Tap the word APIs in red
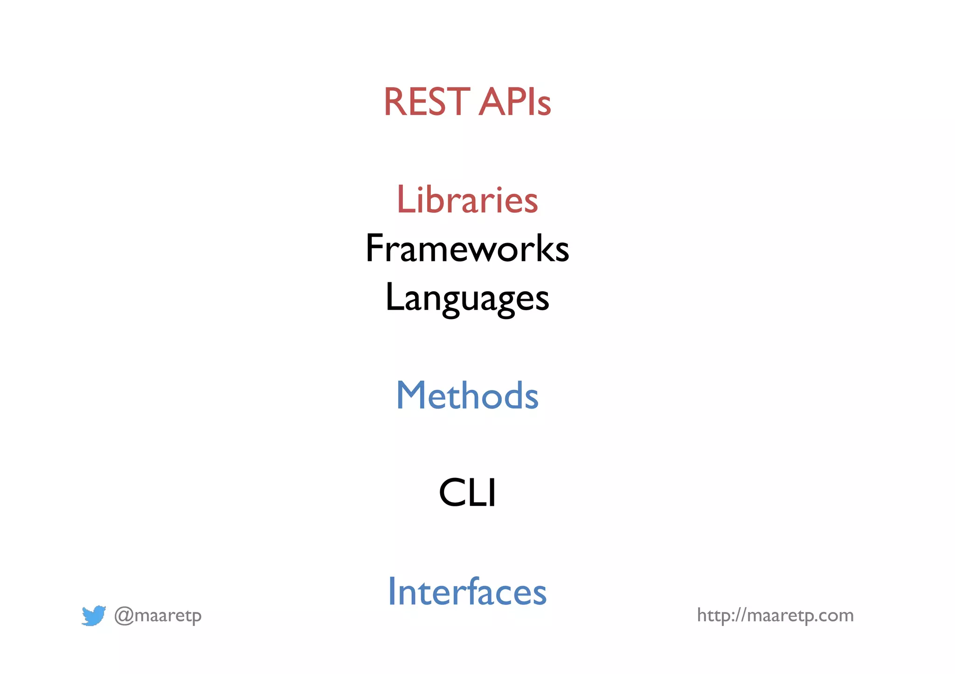(515, 102)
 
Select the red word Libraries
(467, 200)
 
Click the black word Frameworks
(467, 249)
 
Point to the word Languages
(467, 299)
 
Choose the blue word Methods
(467, 395)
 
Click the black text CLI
(467, 493)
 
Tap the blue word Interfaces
(467, 592)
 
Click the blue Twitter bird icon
(93, 616)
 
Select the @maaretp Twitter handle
(158, 616)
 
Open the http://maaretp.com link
(775, 616)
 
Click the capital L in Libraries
(405, 200)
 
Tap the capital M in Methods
(412, 395)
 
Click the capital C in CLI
(452, 493)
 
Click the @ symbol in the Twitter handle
(124, 616)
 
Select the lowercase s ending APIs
(544, 106)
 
